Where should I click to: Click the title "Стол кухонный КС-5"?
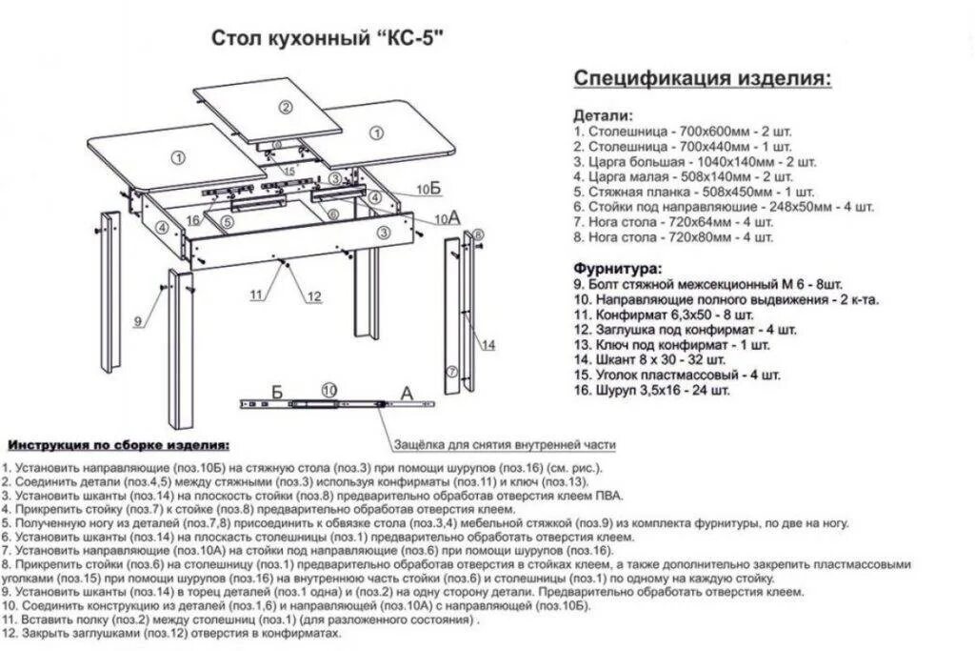point(328,39)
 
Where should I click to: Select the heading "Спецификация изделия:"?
point(703,78)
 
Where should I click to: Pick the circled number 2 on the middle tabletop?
point(284,106)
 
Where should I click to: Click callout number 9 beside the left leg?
point(138,322)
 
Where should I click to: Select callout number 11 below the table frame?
point(255,295)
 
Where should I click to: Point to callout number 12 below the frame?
point(313,295)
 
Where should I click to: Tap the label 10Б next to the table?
point(430,189)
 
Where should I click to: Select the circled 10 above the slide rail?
point(329,389)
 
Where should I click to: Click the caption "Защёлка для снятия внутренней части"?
point(505,444)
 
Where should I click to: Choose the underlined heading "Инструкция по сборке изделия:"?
point(118,445)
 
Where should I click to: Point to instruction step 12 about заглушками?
point(171,633)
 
